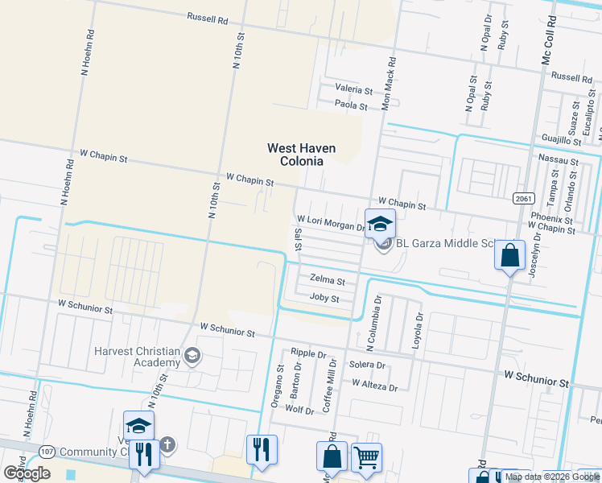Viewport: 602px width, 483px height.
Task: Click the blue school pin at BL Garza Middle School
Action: (380, 225)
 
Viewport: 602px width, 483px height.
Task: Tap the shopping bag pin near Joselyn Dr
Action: (509, 257)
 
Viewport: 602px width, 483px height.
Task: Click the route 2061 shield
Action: (522, 197)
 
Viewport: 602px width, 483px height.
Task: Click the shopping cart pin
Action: (366, 457)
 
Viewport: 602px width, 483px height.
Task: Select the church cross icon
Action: (167, 444)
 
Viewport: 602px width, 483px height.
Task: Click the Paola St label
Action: (352, 105)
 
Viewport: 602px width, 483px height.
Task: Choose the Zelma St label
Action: (328, 282)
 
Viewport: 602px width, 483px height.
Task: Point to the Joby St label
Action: (324, 298)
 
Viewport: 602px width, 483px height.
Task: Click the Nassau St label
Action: (559, 161)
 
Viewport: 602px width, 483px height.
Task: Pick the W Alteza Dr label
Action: (374, 387)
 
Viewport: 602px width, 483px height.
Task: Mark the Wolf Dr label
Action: (299, 410)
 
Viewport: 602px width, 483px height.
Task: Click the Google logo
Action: (27, 473)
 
